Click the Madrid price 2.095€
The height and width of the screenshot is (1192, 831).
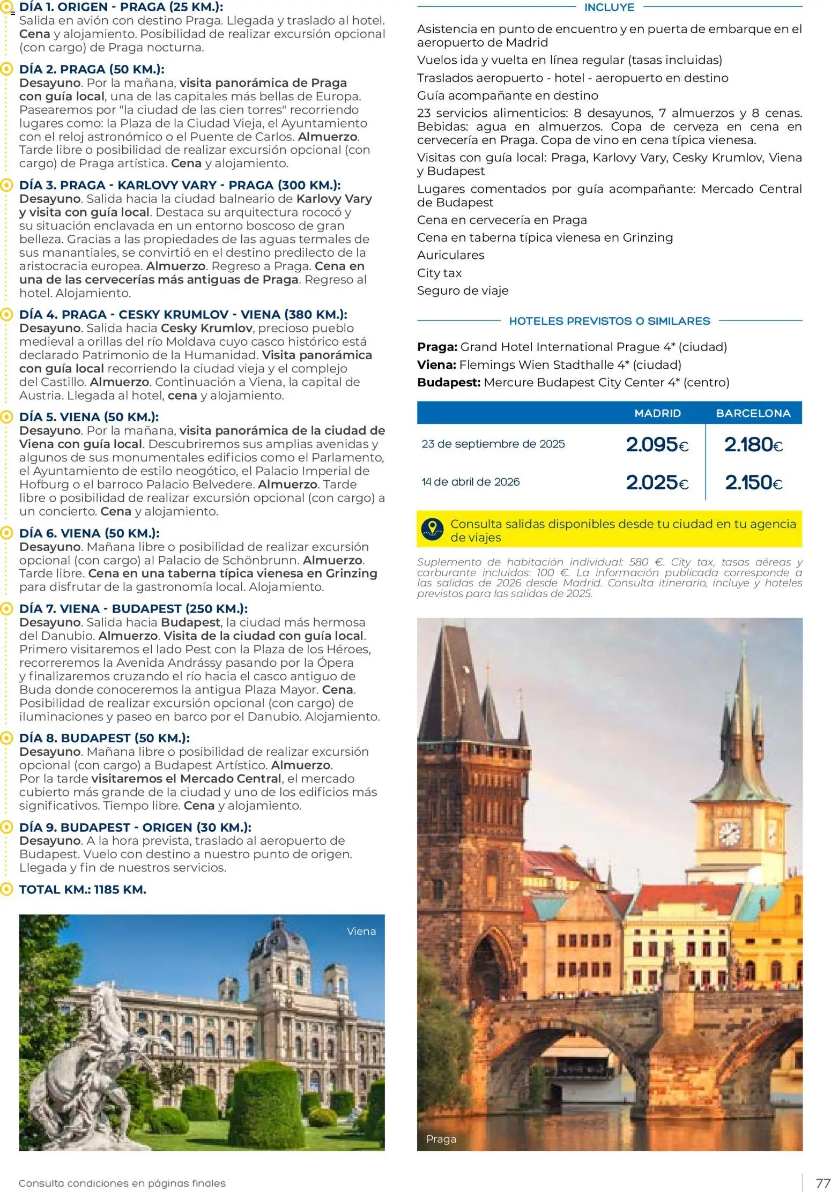[657, 444]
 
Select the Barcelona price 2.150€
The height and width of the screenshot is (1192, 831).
[753, 482]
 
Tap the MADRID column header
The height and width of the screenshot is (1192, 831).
[657, 413]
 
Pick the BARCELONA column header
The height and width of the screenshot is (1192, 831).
[753, 413]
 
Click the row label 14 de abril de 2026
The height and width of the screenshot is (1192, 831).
[471, 482]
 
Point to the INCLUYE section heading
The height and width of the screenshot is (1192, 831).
[609, 8]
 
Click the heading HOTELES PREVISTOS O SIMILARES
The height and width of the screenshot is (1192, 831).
[609, 321]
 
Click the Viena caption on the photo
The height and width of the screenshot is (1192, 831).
[361, 931]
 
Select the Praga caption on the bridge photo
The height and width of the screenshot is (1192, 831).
[441, 1139]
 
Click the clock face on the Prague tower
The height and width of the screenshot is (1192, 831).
[729, 833]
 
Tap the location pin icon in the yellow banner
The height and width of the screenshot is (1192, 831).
[433, 529]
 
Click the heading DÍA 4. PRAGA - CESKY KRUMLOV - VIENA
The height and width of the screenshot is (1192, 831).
[183, 315]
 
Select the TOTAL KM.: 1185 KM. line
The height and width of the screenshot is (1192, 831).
[83, 890]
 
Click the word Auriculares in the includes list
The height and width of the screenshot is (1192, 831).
[450, 255]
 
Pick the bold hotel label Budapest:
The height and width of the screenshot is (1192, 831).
[448, 383]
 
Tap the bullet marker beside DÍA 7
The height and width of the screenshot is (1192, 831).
[6, 609]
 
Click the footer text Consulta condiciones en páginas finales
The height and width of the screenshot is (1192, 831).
[122, 1183]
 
